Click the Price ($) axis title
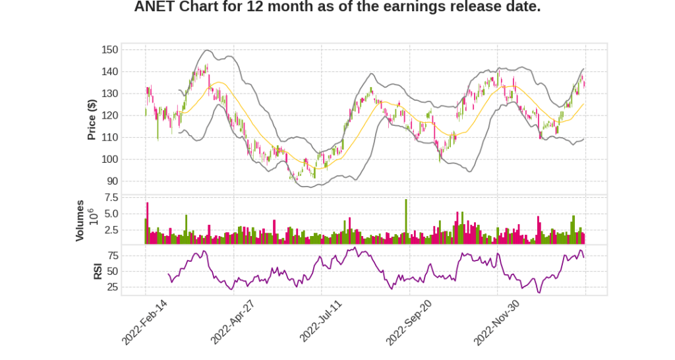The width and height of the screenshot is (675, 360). click(92, 119)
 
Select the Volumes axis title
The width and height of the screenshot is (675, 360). click(80, 220)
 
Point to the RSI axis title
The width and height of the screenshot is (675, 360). click(98, 271)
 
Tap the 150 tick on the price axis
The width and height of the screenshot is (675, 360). click(110, 49)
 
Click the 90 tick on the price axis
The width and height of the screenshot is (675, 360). click(113, 181)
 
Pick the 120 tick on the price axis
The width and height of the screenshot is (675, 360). click(110, 115)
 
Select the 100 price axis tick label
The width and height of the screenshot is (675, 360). click(110, 160)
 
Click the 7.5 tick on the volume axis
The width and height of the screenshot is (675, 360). click(111, 198)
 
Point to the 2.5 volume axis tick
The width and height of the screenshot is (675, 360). click(111, 230)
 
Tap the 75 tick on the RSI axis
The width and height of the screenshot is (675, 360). click(113, 255)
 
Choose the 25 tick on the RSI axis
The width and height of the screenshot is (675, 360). click(113, 287)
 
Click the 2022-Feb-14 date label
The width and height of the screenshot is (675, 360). click(144, 321)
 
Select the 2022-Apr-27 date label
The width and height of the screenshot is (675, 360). click(232, 321)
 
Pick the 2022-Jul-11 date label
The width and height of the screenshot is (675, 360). click(320, 321)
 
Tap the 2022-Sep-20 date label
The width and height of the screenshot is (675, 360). click(408, 321)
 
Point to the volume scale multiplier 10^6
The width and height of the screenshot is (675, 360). click(94, 216)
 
